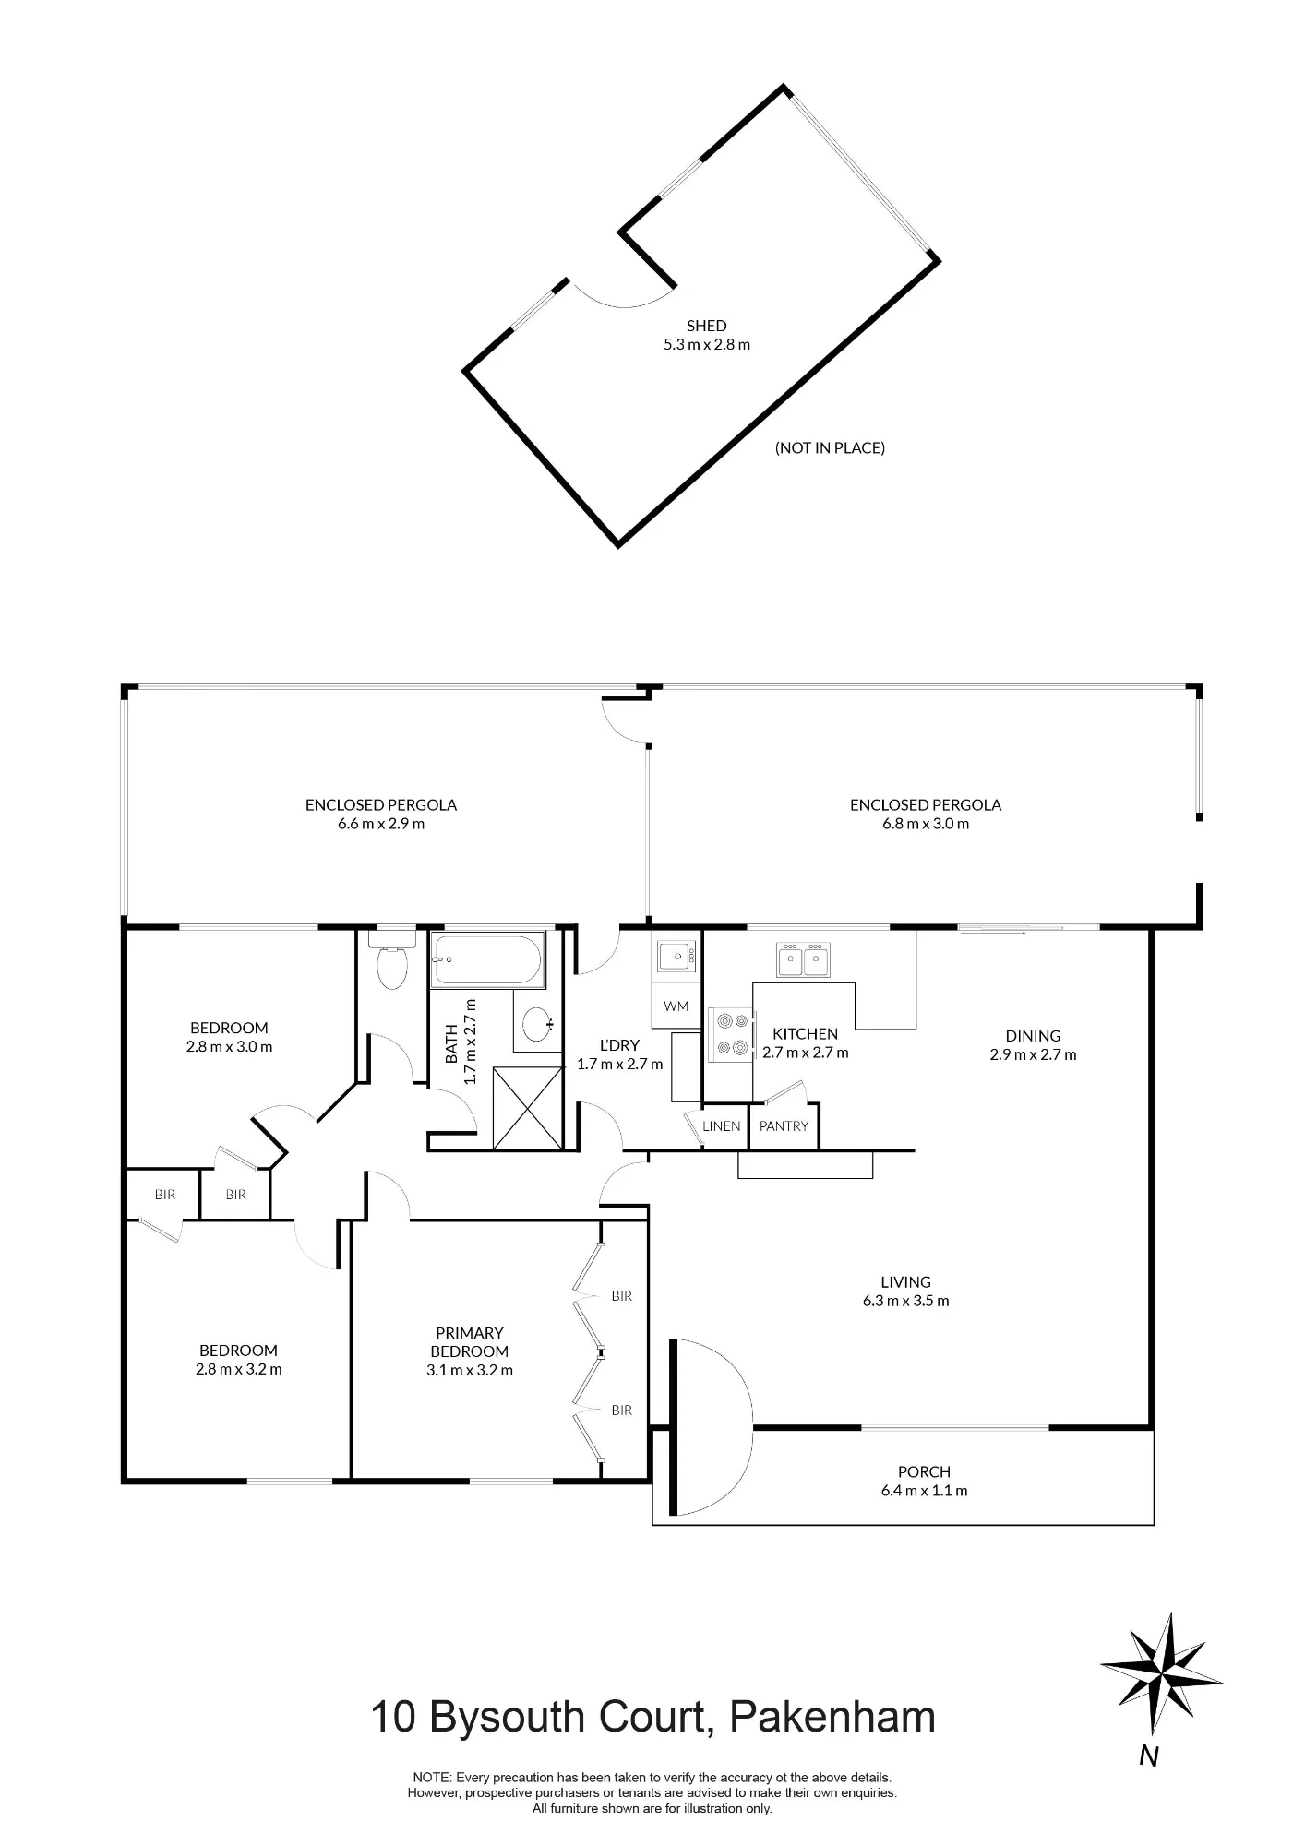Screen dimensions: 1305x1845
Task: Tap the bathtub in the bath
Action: [x=488, y=960]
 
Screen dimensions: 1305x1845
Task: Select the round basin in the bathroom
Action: [x=537, y=1023]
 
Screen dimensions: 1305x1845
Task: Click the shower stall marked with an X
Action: [x=527, y=1108]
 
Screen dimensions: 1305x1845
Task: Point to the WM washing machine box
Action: [x=676, y=1006]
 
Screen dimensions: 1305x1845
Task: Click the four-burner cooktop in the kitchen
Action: [x=731, y=1034]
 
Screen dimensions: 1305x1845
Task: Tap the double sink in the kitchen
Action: [x=804, y=959]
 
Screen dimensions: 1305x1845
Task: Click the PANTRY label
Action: [x=784, y=1126]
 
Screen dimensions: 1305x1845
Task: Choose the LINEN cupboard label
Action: [x=722, y=1126]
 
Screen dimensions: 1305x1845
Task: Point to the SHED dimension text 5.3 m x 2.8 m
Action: [x=706, y=345]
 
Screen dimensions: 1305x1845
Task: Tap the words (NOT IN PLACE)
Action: [x=831, y=448]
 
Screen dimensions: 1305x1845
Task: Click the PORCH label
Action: [x=924, y=1472]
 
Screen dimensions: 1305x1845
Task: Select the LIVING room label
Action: [x=905, y=1282]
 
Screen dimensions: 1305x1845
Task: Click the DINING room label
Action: [x=1034, y=1036]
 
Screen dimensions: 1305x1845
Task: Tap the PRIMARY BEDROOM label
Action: [x=470, y=1342]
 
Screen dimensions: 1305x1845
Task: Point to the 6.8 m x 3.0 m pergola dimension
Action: [x=926, y=824]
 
